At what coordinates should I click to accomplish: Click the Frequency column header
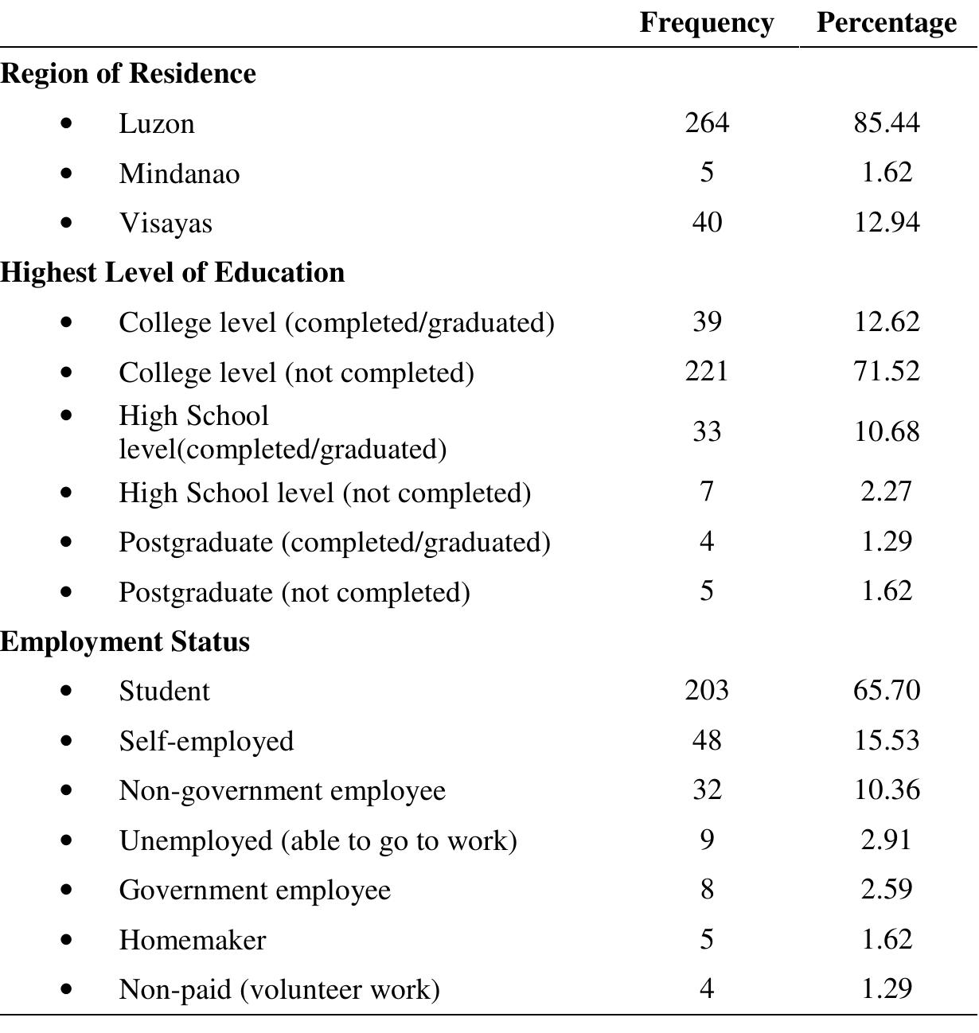pyautogui.click(x=706, y=23)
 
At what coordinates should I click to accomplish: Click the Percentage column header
pyautogui.click(x=886, y=23)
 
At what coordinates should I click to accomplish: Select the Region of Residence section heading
pyautogui.click(x=128, y=73)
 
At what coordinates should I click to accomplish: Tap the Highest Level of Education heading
pyautogui.click(x=173, y=272)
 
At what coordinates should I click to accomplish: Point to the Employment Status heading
pyautogui.click(x=125, y=641)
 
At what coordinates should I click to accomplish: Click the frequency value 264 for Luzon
pyautogui.click(x=706, y=123)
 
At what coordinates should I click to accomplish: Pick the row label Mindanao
pyautogui.click(x=179, y=173)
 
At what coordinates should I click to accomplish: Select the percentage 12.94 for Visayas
pyautogui.click(x=886, y=223)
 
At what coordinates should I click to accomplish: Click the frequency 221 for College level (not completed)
pyautogui.click(x=706, y=372)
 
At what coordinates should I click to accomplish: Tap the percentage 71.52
pyautogui.click(x=886, y=372)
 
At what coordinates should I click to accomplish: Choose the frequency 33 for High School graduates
pyautogui.click(x=706, y=432)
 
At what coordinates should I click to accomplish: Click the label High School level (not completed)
pyautogui.click(x=325, y=493)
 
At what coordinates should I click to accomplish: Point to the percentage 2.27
pyautogui.click(x=886, y=492)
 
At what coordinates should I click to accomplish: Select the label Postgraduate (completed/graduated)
pyautogui.click(x=334, y=542)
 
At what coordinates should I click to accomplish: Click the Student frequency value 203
pyautogui.click(x=706, y=690)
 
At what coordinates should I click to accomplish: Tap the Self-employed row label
pyautogui.click(x=206, y=741)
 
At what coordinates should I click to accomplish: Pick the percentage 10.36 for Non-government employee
pyautogui.click(x=886, y=790)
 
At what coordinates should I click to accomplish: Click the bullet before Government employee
pyautogui.click(x=65, y=891)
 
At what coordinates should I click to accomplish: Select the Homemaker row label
pyautogui.click(x=193, y=940)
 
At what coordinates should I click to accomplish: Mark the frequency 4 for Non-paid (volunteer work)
pyautogui.click(x=706, y=989)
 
